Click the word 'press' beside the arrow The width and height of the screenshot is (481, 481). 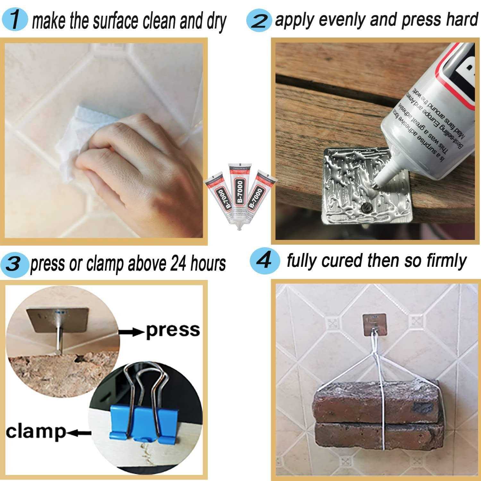click(173, 330)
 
